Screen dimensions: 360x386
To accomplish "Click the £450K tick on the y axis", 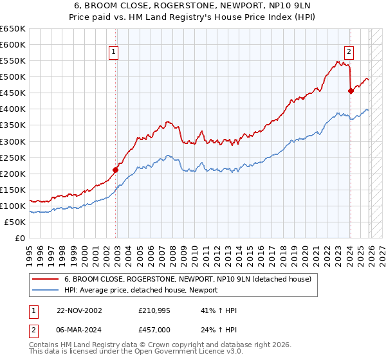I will click(13, 93).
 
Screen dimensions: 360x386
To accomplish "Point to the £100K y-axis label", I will click(13, 206).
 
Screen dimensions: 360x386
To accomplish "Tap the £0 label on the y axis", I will click(20, 238).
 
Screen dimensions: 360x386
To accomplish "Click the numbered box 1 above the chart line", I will click(113, 53).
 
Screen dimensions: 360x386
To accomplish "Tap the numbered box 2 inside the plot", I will click(348, 53).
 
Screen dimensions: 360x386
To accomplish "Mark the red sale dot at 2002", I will click(116, 170).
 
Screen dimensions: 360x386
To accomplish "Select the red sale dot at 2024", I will click(351, 91).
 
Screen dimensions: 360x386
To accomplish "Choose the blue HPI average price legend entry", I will click(141, 290).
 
